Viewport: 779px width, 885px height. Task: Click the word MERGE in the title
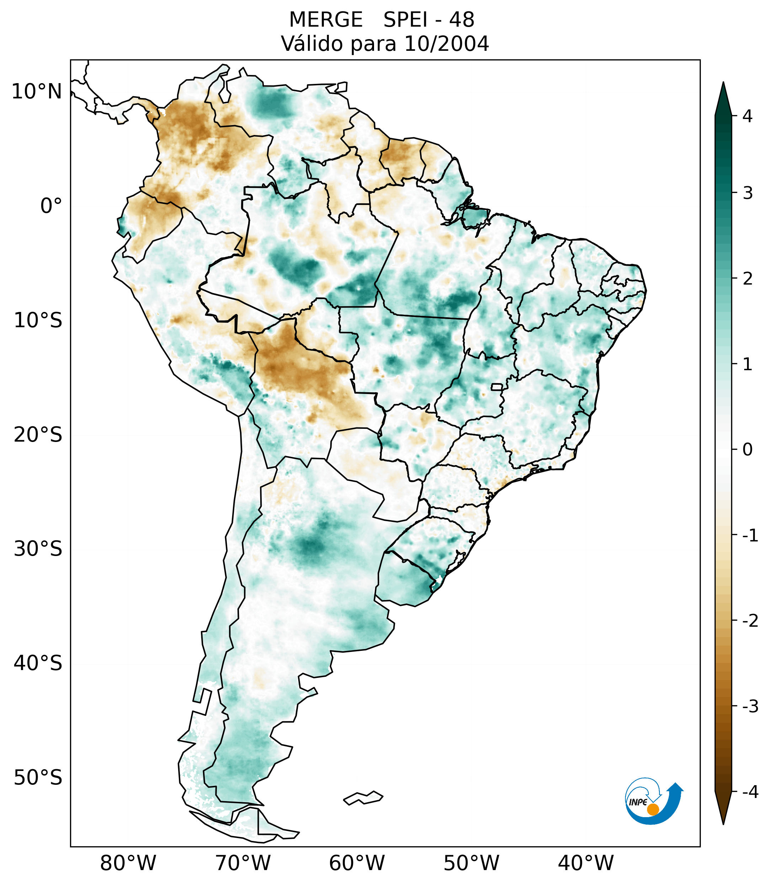(x=326, y=20)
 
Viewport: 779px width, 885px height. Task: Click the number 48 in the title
(x=461, y=20)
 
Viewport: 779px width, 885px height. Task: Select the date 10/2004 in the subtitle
(x=446, y=44)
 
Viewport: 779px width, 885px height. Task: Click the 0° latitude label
(x=51, y=206)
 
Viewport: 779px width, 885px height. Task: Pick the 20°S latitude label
(x=38, y=435)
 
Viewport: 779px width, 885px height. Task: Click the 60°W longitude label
(x=357, y=863)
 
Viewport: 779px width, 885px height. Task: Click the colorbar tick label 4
(x=747, y=116)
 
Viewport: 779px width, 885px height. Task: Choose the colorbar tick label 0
(x=747, y=450)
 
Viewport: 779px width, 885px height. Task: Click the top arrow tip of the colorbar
(x=723, y=83)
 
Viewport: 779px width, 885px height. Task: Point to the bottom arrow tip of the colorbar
(x=723, y=823)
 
